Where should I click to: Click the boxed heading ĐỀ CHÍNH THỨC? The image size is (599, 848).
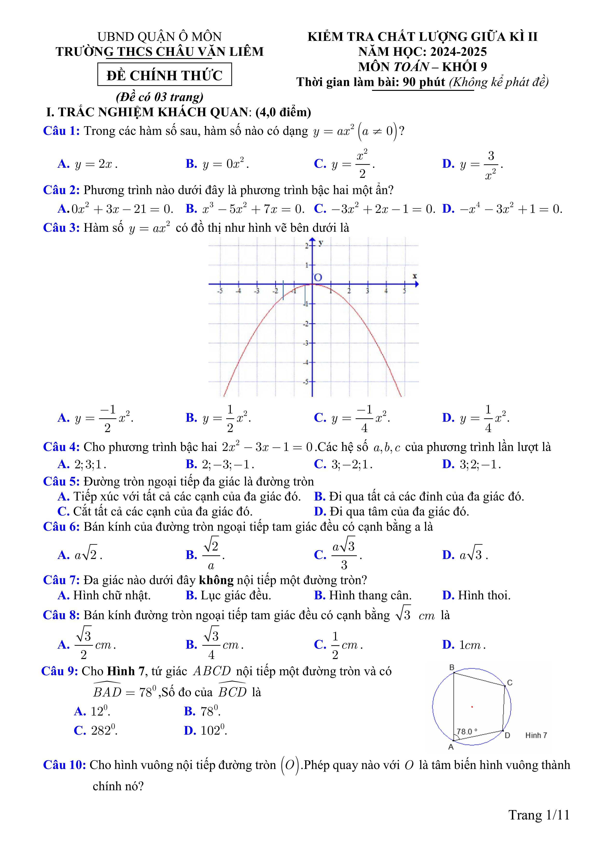[165, 75]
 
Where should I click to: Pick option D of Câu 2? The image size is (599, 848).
[502, 209]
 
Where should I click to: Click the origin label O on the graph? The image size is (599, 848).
[318, 277]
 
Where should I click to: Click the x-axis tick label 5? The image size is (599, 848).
[404, 291]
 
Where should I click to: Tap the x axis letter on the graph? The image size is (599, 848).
[415, 276]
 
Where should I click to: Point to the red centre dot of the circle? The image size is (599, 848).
[472, 707]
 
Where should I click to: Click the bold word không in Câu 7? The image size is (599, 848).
[216, 580]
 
